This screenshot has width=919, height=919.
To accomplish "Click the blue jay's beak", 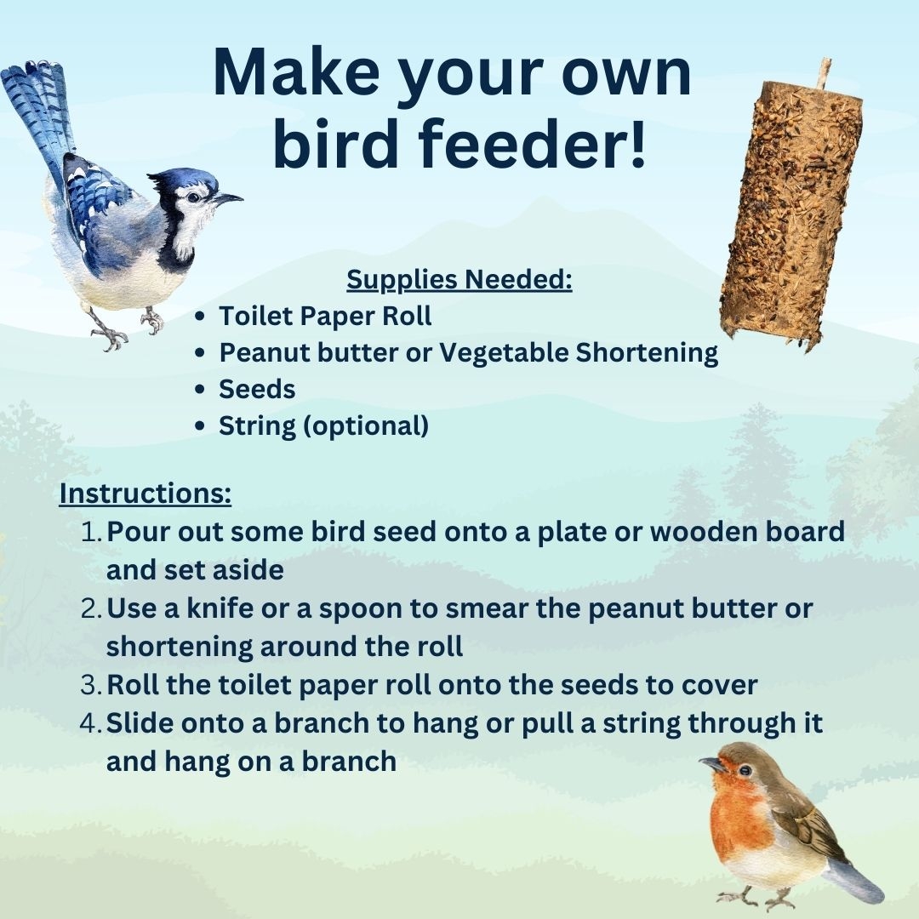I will click(x=227, y=199).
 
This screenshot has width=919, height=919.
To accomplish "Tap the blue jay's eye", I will click(x=195, y=197).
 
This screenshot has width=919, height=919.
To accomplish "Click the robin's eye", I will click(x=745, y=769).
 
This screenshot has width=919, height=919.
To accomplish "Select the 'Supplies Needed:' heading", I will click(x=459, y=280).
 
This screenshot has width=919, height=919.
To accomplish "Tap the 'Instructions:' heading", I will click(x=145, y=494).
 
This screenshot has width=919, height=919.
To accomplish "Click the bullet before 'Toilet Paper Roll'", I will click(x=199, y=317).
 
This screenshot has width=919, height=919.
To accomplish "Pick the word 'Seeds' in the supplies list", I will click(x=257, y=389).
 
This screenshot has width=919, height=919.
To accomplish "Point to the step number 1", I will click(x=91, y=533).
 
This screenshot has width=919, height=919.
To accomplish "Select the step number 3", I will click(x=91, y=685).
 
